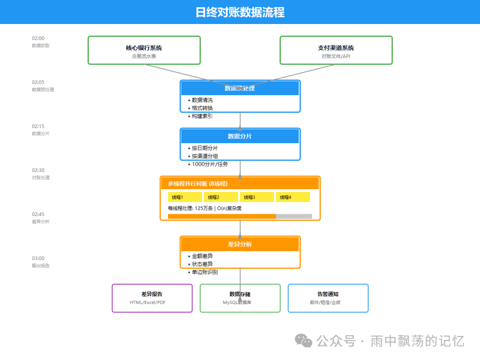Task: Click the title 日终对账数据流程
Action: tap(240, 12)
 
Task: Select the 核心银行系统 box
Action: tap(144, 50)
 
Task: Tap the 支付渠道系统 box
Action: tap(336, 50)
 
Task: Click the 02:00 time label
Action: tap(38, 38)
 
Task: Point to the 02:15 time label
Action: tap(38, 126)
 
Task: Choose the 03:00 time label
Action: tap(38, 258)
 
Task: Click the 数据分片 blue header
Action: tap(240, 136)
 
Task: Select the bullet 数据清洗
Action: tap(202, 100)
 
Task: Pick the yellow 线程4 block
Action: tap(293, 197)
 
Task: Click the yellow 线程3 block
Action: tap(257, 197)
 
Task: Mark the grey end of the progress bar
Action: tap(294, 216)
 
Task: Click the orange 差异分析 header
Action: tap(240, 244)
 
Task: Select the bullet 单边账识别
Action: tap(204, 272)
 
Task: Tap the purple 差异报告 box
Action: tap(152, 298)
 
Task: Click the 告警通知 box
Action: tap(328, 298)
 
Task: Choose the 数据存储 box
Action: tap(240, 298)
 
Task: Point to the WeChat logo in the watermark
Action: tap(304, 341)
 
